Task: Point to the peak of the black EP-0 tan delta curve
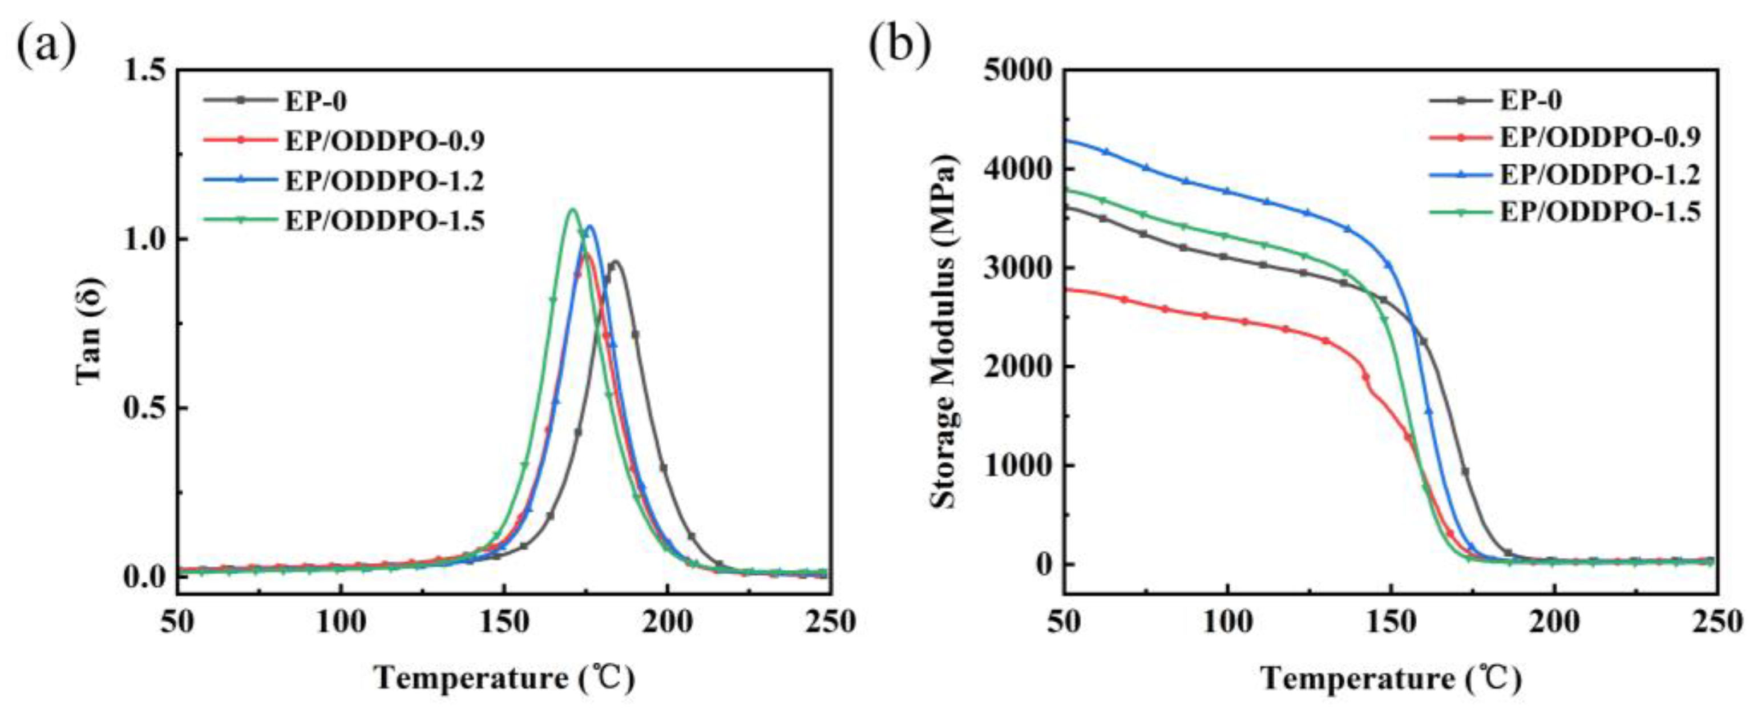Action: (615, 261)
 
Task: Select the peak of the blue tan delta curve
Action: (589, 226)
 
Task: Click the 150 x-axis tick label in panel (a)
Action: (503, 623)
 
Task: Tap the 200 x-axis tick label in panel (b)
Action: (1554, 623)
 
